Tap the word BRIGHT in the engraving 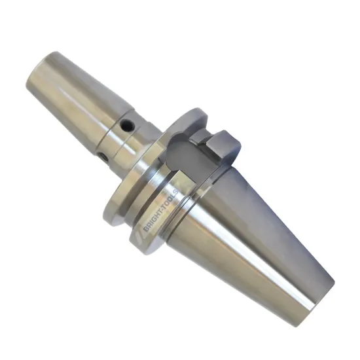(x=152, y=217)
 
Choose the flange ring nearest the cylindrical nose (x=124, y=190)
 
